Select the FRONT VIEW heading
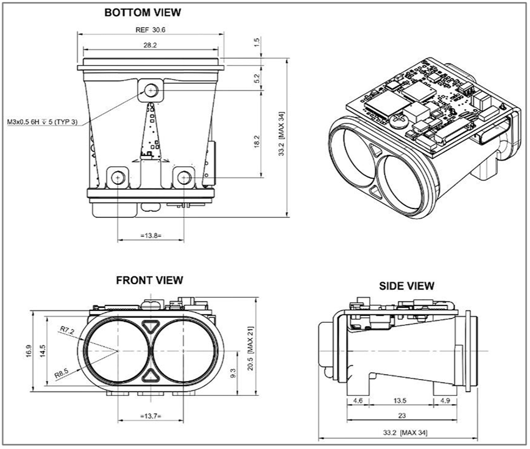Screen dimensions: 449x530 150,280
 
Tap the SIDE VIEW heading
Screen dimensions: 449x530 407,285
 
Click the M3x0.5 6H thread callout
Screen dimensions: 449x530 42,122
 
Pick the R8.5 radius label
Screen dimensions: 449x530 61,373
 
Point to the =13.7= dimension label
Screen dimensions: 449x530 150,415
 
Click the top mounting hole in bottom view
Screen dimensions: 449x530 150,91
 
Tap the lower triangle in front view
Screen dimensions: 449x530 150,375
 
